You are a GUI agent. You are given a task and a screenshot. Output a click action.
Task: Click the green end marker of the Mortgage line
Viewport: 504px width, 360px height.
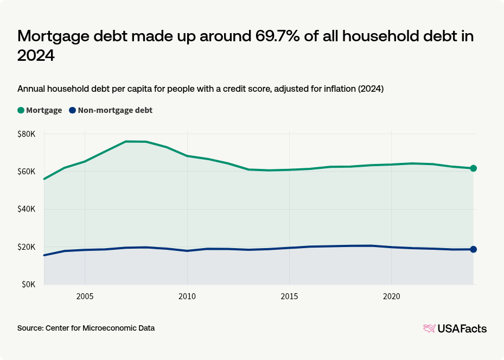tap(473, 168)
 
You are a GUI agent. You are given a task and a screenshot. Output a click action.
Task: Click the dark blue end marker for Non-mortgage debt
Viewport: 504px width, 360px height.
tap(473, 249)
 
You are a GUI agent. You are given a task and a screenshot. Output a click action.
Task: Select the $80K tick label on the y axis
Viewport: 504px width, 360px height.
tap(27, 134)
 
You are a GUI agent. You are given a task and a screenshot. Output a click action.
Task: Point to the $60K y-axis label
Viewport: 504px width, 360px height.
tap(27, 172)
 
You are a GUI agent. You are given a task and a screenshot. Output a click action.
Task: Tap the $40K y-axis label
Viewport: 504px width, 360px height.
tap(27, 209)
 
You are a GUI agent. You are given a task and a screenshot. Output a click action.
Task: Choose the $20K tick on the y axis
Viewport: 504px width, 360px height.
tap(27, 247)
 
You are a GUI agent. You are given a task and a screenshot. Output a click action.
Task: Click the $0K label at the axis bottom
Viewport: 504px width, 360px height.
tap(29, 285)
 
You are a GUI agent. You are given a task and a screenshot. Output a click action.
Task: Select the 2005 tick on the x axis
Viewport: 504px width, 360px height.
tap(85, 296)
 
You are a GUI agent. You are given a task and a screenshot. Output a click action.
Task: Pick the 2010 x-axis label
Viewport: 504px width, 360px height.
tap(187, 296)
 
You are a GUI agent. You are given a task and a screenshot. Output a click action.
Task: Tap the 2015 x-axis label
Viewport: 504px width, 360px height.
tap(289, 296)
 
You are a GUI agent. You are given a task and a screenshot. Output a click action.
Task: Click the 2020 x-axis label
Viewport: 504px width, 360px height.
tap(391, 296)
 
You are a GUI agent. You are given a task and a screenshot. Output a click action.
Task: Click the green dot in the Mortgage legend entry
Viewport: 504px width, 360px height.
tap(21, 110)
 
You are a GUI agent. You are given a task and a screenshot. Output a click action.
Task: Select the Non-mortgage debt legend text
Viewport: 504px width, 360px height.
tap(115, 110)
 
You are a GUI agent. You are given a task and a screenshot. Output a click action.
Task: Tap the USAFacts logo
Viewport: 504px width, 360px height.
tap(455, 328)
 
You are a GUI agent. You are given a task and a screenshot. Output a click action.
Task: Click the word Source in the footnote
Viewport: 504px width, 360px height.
tap(30, 328)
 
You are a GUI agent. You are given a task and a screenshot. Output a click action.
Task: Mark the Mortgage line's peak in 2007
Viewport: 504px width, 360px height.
tap(126, 141)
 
